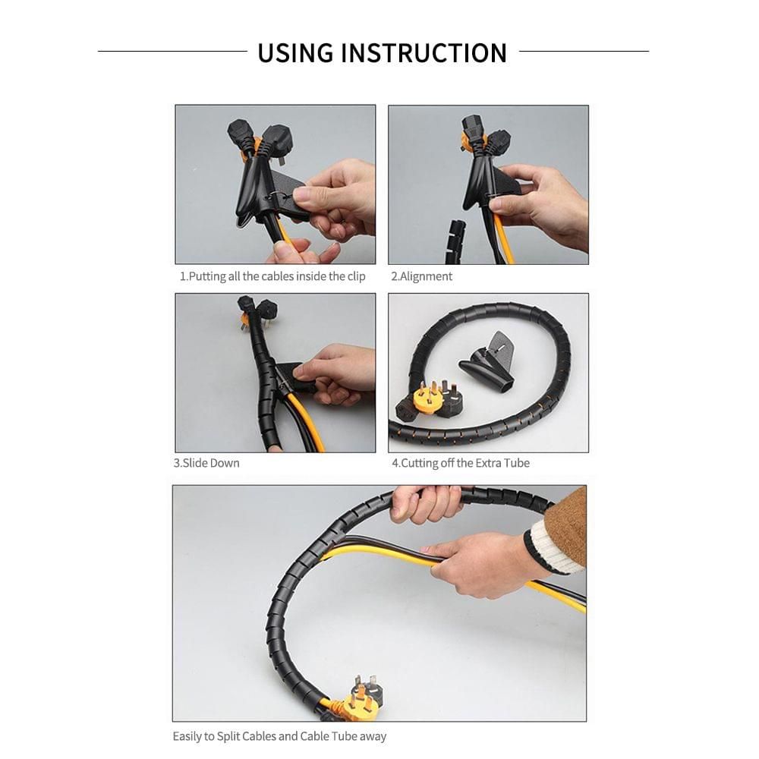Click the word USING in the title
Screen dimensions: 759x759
point(295,53)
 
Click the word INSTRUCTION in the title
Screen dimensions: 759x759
point(424,53)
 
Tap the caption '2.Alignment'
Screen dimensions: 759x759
point(421,276)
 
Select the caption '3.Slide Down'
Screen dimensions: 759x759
point(206,463)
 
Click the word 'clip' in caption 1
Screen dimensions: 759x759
point(354,276)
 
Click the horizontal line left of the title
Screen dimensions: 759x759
point(172,52)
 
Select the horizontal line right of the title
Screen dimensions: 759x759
point(584,52)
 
